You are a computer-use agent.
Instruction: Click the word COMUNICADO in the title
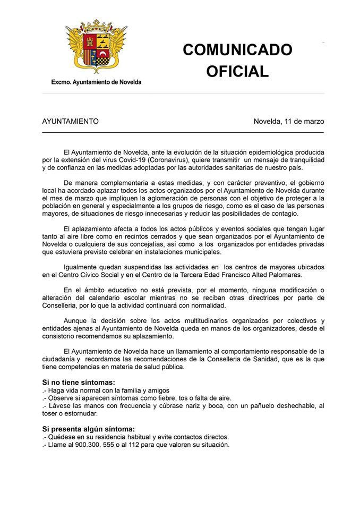click(x=237, y=50)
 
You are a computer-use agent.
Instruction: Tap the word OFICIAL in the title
click(x=237, y=72)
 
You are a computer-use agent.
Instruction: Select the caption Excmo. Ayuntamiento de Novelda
click(x=96, y=82)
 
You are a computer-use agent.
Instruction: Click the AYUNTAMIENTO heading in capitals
click(x=70, y=121)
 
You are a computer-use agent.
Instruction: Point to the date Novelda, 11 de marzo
click(x=289, y=121)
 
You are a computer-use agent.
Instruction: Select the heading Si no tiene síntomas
click(x=79, y=382)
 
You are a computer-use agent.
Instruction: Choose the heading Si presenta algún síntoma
click(x=88, y=429)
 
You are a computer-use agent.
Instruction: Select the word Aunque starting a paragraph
click(x=75, y=321)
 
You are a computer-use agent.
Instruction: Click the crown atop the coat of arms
click(x=96, y=26)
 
